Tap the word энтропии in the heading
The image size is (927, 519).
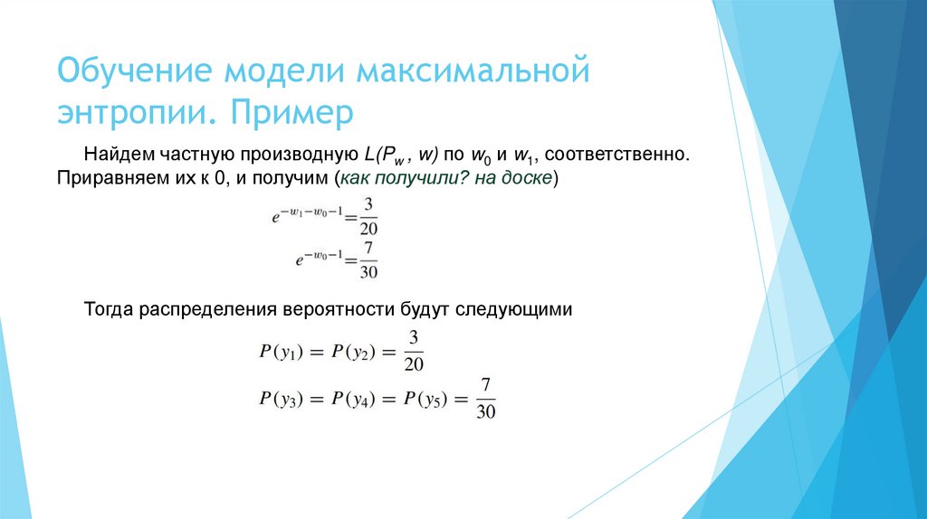tap(133, 115)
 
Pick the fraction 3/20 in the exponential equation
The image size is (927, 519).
tap(368, 218)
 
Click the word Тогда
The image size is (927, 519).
tap(108, 309)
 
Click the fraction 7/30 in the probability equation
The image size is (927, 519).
tap(486, 397)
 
